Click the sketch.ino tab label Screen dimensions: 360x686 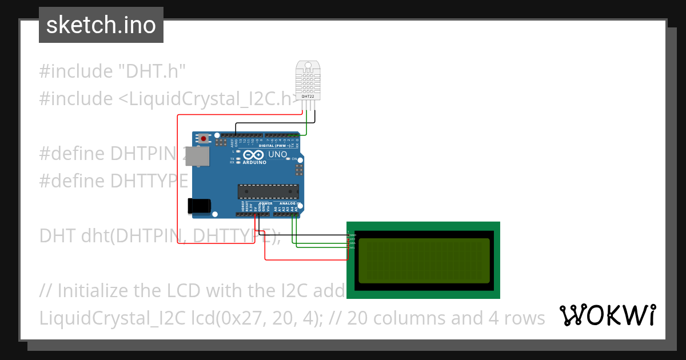[101, 25]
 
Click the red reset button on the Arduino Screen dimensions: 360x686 [204, 138]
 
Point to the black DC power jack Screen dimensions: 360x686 [199, 206]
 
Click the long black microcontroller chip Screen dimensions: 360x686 [268, 191]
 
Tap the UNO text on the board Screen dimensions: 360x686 [278, 154]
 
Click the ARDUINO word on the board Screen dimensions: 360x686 [254, 162]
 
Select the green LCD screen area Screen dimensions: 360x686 [424, 261]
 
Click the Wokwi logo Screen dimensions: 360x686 [607, 315]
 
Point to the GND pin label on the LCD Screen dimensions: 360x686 [353, 235]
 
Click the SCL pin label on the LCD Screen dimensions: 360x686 [353, 247]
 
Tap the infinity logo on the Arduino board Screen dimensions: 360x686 [253, 155]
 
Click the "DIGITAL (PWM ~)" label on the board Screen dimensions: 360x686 [275, 146]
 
